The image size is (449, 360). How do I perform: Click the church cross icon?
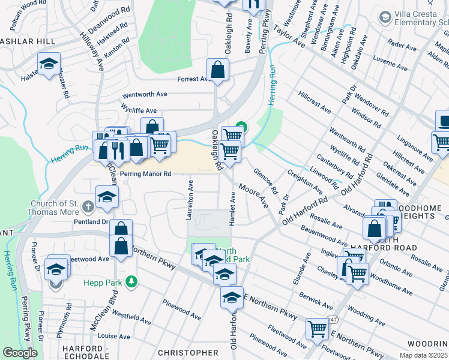[88, 208]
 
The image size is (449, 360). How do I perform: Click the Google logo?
[20, 353]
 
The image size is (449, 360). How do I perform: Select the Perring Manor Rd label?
[146, 174]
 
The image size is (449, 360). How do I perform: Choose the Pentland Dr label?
[91, 222]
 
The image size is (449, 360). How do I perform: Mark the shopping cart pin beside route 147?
[317, 328]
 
